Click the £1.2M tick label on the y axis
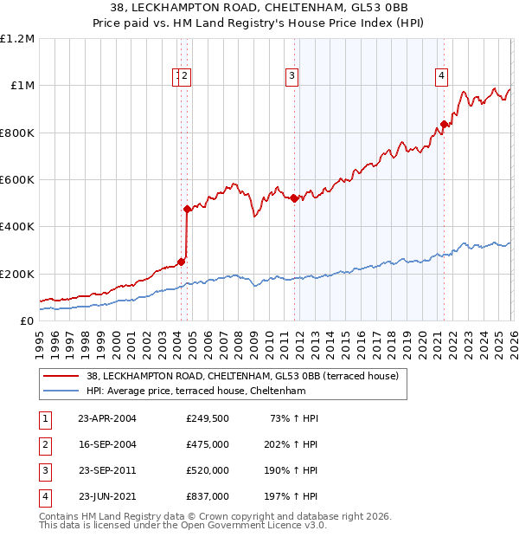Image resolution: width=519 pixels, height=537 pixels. click(17, 39)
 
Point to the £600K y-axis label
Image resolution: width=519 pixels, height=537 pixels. click(17, 180)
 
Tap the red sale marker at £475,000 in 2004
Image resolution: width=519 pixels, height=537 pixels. click(187, 209)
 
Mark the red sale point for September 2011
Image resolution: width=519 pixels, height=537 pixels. click(294, 198)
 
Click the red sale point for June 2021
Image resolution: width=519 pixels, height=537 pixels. click(444, 124)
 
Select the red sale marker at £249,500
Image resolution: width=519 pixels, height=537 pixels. click(181, 262)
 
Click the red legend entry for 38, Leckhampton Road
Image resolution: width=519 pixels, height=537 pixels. click(242, 376)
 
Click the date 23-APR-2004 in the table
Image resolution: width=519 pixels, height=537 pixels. click(107, 418)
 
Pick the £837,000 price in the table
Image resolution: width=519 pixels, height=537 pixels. click(208, 496)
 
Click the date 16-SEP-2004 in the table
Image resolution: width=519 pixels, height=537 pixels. click(107, 444)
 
